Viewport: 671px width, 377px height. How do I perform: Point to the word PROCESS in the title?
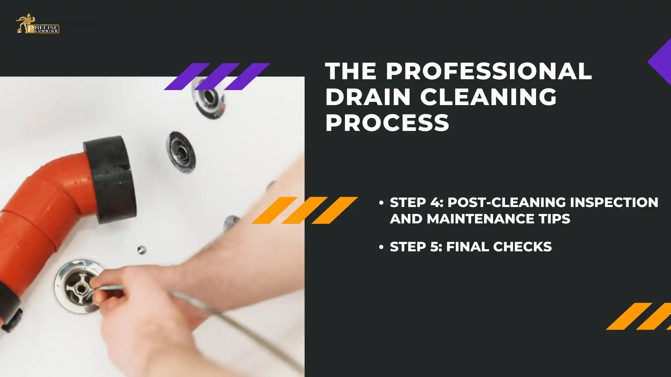[x=387, y=123]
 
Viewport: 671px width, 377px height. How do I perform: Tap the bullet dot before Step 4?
[x=381, y=203]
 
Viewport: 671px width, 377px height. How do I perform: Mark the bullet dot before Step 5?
[x=381, y=247]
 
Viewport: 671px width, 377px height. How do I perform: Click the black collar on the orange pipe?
[x=110, y=178]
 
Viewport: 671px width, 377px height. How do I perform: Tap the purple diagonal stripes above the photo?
[x=217, y=76]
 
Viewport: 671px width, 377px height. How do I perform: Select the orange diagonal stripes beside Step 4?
[x=304, y=210]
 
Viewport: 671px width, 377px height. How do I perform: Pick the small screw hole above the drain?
[x=141, y=249]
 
